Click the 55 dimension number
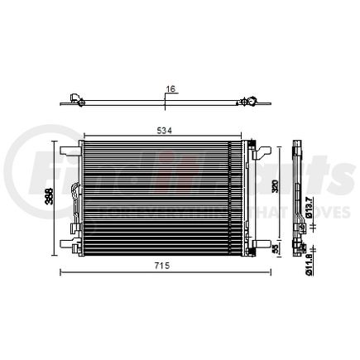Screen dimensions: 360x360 [x=276, y=247]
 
